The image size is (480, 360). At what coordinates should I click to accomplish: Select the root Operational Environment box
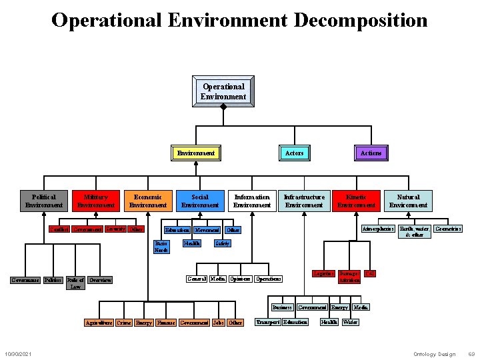point(223,91)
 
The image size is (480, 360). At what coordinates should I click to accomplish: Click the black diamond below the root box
point(224,106)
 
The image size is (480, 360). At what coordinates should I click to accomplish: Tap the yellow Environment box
point(196,153)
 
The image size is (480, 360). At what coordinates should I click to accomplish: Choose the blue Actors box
point(294,153)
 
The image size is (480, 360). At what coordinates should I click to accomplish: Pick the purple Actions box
point(371,153)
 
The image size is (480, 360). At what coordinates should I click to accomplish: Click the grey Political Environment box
point(44,201)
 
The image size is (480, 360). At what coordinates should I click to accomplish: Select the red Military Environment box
point(96,201)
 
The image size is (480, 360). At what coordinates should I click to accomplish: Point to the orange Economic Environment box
point(148,201)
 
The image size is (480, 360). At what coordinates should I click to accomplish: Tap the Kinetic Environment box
point(356,201)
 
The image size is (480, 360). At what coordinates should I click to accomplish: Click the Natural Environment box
point(408,201)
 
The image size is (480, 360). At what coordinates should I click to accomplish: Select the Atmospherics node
point(378,229)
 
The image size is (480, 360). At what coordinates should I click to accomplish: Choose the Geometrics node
point(448,229)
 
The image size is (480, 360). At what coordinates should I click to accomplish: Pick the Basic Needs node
point(161,246)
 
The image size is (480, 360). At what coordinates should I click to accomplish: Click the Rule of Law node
point(76,283)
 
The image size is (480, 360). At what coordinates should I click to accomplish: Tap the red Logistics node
point(323,274)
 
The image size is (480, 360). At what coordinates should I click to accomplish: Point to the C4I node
point(370,274)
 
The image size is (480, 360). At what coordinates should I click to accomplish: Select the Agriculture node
point(98,323)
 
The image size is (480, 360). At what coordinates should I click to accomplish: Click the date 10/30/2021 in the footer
point(18,353)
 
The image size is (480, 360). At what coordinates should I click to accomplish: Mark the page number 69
point(471,353)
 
